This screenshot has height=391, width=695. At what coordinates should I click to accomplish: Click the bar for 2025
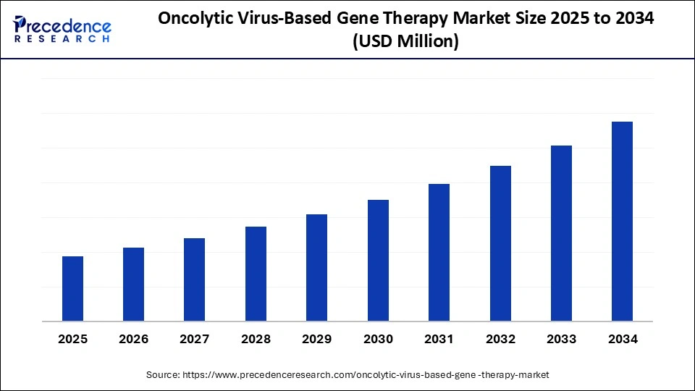point(72,289)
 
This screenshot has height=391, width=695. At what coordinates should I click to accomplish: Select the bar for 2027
point(195,279)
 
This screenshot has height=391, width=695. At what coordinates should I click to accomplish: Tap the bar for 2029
point(316,268)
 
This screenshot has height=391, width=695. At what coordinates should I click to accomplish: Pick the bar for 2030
point(378,261)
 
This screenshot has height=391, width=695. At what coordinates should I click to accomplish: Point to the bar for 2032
point(500,243)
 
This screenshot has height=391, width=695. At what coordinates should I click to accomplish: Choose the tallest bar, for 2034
point(622,222)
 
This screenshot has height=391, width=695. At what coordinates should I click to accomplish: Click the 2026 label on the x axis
point(134,339)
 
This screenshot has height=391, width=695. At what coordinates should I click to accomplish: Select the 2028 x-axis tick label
point(256,339)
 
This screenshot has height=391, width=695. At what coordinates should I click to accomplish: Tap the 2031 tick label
point(439,339)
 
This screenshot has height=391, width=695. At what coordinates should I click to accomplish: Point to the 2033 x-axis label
point(561,339)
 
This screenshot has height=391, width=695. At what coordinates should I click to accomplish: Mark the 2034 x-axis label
point(623,339)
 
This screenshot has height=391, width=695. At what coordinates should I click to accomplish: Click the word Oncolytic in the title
point(195,20)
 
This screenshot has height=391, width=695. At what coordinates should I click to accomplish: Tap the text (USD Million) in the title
point(405,42)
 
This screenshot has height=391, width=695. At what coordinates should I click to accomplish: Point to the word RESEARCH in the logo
point(62,38)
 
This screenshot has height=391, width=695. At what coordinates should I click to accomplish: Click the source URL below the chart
point(366,374)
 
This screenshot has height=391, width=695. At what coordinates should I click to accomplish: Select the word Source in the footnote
point(163,374)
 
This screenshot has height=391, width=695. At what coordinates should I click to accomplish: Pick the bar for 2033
point(561,233)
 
